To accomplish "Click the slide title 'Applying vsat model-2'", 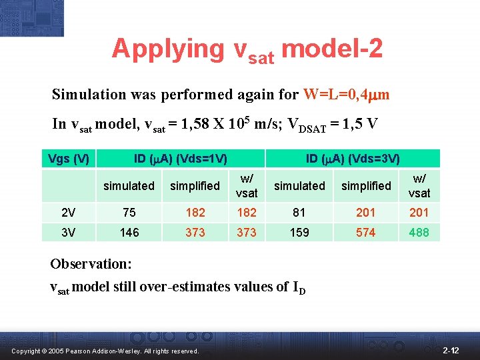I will [x=247, y=49].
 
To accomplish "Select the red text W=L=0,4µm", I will [x=345, y=95].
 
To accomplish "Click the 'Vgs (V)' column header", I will [x=69, y=158].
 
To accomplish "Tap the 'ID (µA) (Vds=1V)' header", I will [x=180, y=158].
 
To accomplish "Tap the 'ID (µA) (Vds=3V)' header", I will [x=353, y=158].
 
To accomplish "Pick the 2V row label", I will [x=69, y=213].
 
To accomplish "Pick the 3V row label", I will [x=69, y=233].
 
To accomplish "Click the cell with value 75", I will [x=129, y=213].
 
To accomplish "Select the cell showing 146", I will [x=129, y=233].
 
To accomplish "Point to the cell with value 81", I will [x=299, y=213].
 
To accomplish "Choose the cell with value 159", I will [x=299, y=233].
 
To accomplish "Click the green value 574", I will [x=365, y=233].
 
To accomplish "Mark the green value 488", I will [x=419, y=233].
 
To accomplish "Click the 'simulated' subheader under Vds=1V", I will [x=129, y=186].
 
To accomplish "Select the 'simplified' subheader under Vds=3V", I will [x=366, y=186].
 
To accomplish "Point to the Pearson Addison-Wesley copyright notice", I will [x=104, y=351].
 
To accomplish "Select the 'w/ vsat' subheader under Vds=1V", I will [x=247, y=186].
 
